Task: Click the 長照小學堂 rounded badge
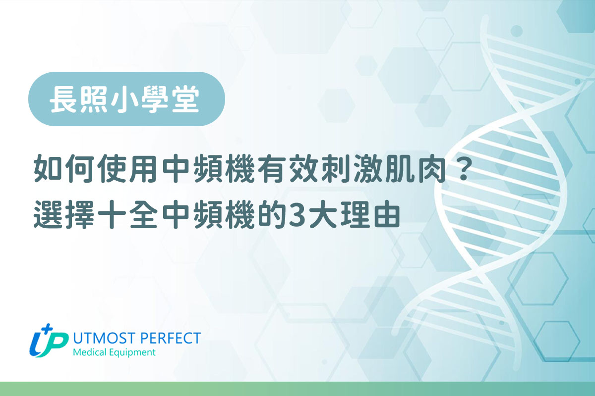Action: tap(126, 99)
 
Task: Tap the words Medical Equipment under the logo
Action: tap(114, 353)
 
